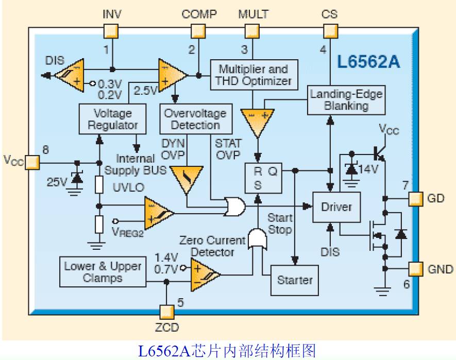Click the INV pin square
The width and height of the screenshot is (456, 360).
(111, 31)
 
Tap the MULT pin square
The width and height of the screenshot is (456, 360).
(252, 31)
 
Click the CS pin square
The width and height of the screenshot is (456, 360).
(330, 31)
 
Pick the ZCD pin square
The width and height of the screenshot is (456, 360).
(166, 311)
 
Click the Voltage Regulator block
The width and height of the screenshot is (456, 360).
(112, 119)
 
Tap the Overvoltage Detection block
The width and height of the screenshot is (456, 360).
(195, 119)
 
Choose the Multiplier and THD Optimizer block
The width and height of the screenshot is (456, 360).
(253, 75)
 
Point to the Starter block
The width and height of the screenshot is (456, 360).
(295, 280)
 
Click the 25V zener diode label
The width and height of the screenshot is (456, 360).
(57, 181)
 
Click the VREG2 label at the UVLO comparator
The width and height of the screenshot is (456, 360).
(127, 233)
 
